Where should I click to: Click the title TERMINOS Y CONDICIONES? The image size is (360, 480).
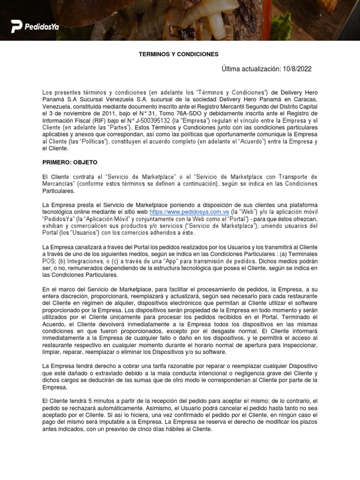(x=179, y=54)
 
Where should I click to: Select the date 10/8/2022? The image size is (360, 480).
(x=297, y=69)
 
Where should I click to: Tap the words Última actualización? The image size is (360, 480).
(x=251, y=69)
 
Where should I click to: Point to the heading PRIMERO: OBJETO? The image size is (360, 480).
(x=70, y=162)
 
